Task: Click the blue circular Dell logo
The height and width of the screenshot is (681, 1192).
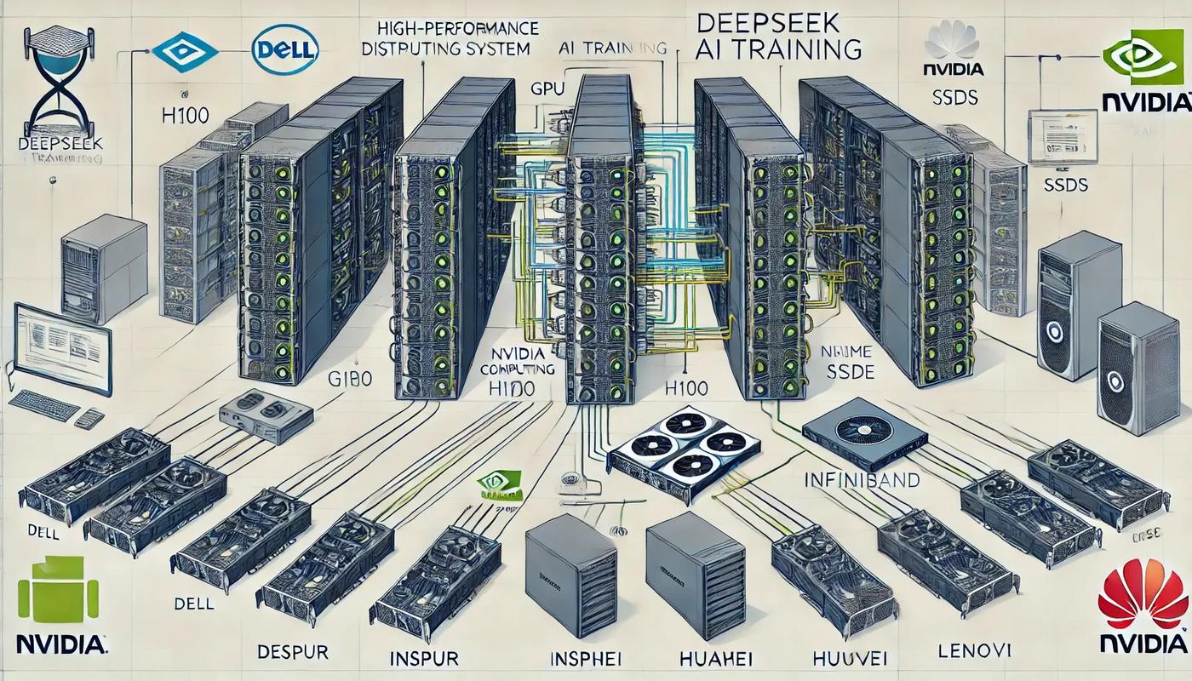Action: [x=285, y=49]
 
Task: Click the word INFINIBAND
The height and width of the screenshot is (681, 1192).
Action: [x=862, y=481]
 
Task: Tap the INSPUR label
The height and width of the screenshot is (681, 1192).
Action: [x=423, y=658]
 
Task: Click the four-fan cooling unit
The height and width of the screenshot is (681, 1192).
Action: [x=685, y=451]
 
